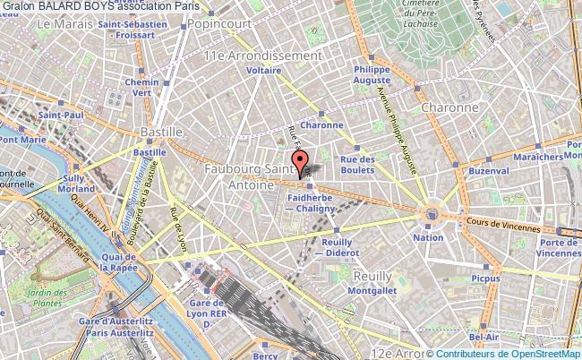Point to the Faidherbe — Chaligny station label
[x=309, y=203]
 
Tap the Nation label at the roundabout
[x=427, y=237]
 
